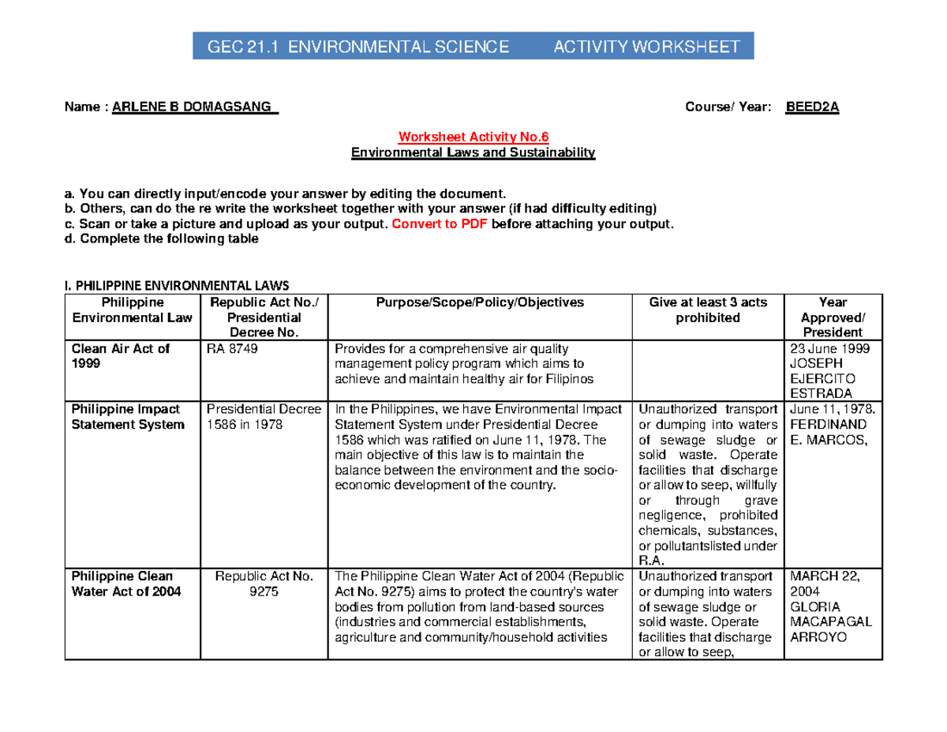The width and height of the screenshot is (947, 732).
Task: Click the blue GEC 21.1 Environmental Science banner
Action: click(x=473, y=46)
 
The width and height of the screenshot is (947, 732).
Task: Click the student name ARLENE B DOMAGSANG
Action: click(x=195, y=108)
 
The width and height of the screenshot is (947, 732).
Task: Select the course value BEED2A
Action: click(x=812, y=108)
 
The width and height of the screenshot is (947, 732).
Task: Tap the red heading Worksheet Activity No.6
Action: click(x=473, y=137)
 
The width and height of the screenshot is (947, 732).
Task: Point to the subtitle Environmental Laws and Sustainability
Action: click(x=473, y=152)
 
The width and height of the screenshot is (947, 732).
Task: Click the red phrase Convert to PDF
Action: click(x=440, y=224)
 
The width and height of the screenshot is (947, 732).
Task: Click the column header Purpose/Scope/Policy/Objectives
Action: click(x=480, y=302)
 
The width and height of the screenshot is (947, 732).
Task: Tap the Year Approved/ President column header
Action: click(x=833, y=317)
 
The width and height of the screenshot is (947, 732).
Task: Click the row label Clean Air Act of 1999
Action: click(x=120, y=356)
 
